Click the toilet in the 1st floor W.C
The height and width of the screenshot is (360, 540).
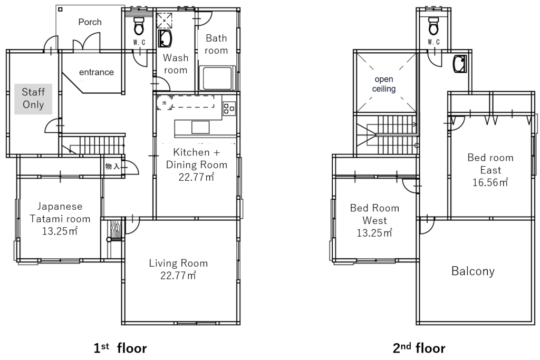[139, 26]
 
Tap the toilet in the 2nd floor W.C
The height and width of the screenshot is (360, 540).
[433, 26]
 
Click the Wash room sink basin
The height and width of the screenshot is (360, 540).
[165, 38]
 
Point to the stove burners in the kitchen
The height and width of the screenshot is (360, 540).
[229, 109]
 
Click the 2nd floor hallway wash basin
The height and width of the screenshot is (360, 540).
[459, 64]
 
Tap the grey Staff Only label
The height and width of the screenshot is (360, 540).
[33, 99]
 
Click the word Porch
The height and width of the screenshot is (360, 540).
[90, 22]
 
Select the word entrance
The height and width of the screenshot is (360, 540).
[97, 72]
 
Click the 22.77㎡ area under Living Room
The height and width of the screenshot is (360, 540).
[178, 276]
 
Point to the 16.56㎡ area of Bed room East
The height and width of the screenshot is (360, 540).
[490, 182]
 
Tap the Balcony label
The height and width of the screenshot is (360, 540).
[473, 271]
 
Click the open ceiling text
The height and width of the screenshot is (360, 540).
[384, 84]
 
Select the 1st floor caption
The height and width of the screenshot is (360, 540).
[120, 348]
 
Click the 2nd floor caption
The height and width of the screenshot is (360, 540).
[419, 348]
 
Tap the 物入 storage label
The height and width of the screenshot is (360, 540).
[112, 167]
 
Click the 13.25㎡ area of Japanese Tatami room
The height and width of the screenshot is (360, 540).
[60, 231]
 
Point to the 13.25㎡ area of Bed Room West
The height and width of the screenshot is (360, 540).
[374, 233]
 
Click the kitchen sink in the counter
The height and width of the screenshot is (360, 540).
[200, 128]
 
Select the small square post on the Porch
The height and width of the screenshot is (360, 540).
[60, 9]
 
